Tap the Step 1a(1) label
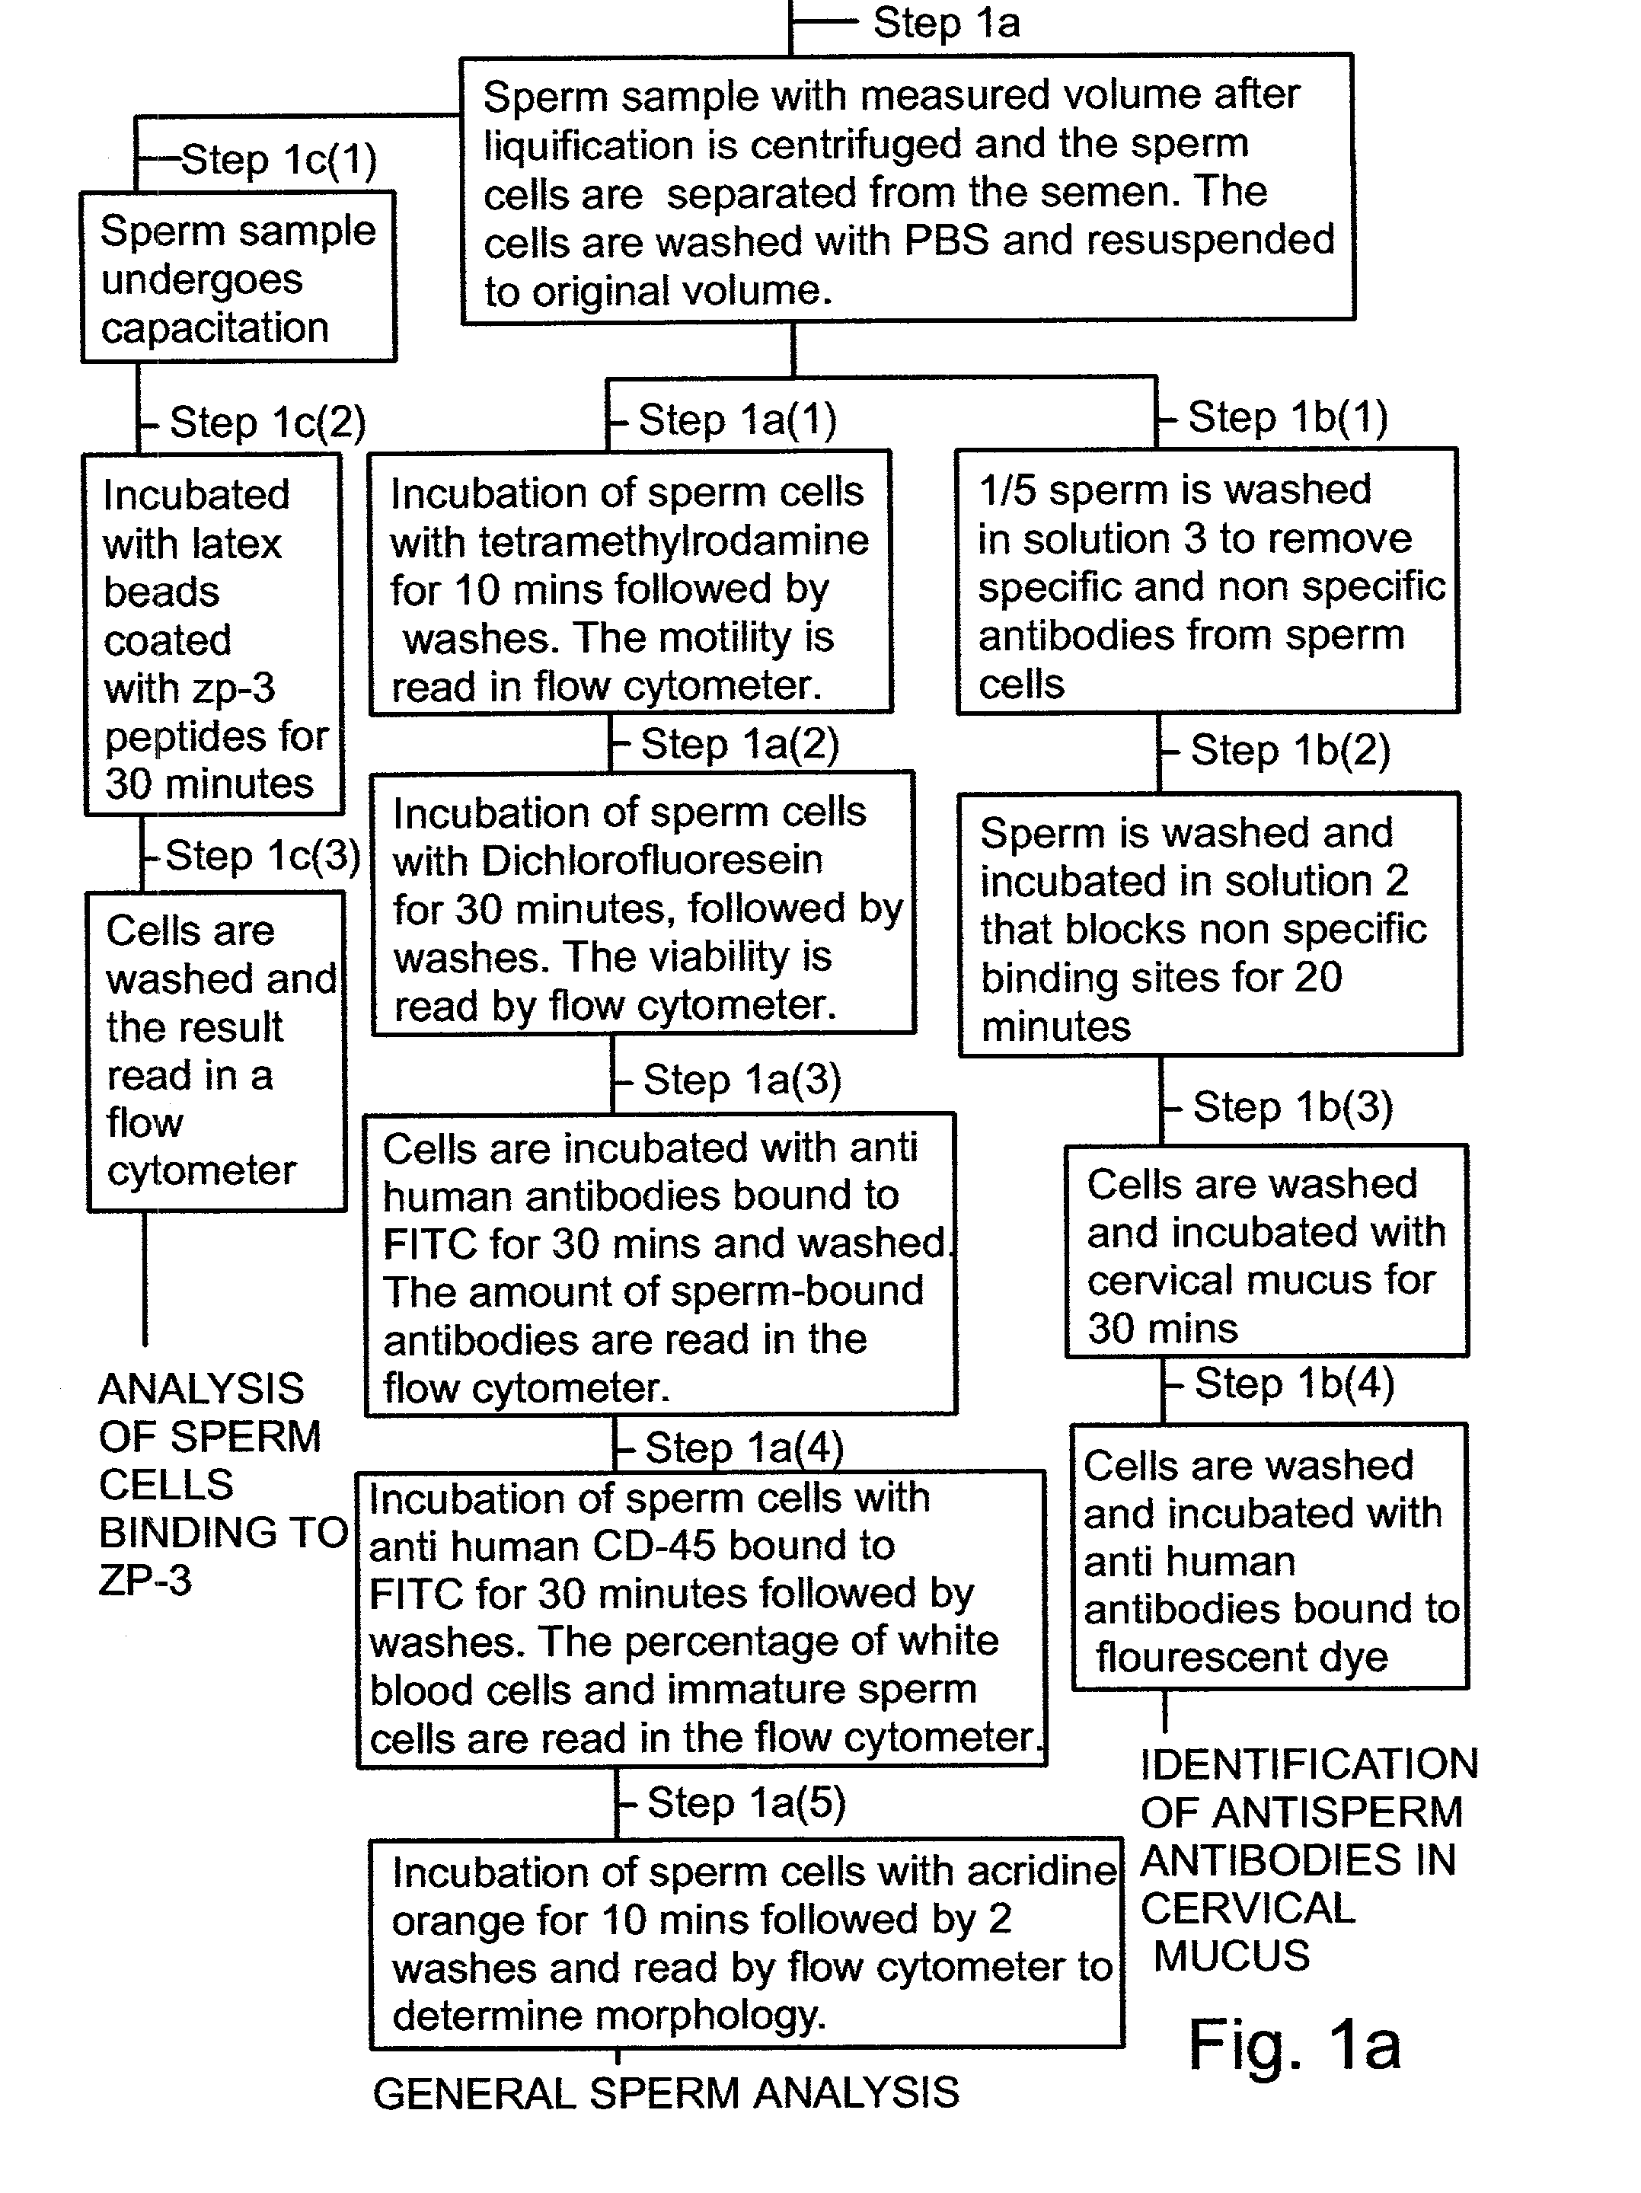tap(736, 420)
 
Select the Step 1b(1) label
tap(1287, 417)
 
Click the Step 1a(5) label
tap(745, 1802)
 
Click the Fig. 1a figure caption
tap(1294, 2045)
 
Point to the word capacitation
tap(214, 327)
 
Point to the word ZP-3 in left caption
tap(145, 1580)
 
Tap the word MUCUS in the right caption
tap(1231, 1956)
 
